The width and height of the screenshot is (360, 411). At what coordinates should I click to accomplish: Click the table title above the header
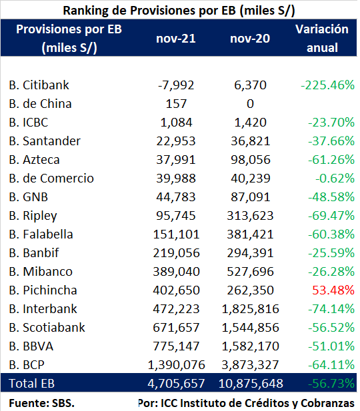(x=179, y=11)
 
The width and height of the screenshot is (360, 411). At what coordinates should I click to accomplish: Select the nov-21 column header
(x=176, y=39)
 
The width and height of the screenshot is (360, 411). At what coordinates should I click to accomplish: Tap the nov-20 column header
(x=250, y=39)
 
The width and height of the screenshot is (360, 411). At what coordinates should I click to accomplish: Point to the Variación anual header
(x=322, y=38)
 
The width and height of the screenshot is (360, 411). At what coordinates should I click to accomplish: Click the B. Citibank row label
(x=39, y=85)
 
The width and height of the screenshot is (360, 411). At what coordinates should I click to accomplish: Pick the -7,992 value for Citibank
(x=176, y=85)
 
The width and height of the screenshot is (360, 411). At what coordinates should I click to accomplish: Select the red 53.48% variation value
(x=333, y=290)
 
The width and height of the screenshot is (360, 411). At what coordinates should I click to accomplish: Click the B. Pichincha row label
(x=43, y=290)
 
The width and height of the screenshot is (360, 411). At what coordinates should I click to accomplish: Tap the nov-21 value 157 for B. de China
(x=176, y=104)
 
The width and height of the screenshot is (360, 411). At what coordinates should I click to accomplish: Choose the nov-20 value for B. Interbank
(x=250, y=309)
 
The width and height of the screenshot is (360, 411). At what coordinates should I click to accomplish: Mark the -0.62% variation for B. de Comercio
(x=335, y=179)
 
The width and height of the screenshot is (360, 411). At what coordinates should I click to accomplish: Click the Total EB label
(x=32, y=384)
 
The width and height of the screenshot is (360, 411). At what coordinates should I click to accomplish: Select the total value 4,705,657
(x=176, y=384)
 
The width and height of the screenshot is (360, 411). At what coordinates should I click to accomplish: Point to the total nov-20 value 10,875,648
(x=251, y=384)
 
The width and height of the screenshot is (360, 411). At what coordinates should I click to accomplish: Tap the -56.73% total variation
(x=331, y=384)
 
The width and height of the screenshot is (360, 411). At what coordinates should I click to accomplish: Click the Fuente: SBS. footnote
(x=42, y=403)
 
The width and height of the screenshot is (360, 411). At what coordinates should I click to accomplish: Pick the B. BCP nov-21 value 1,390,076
(x=176, y=365)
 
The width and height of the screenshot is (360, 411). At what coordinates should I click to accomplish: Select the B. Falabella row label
(x=41, y=234)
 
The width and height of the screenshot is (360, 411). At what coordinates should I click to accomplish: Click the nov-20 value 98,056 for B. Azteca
(x=250, y=160)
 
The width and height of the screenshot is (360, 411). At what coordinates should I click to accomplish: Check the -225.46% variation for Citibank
(x=328, y=85)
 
